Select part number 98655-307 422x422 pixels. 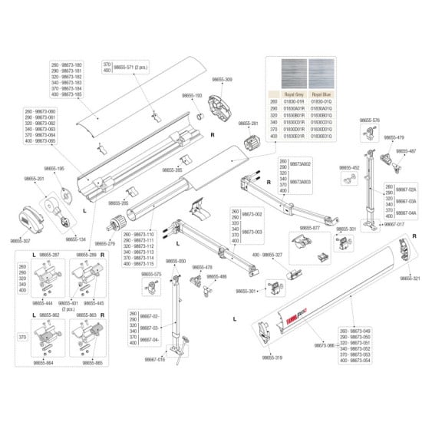[21, 240]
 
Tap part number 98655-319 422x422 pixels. [272, 358]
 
